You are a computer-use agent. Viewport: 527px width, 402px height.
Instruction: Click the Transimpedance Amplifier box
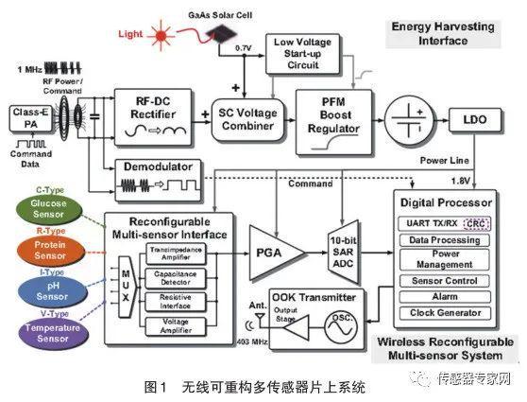click(173, 254)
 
